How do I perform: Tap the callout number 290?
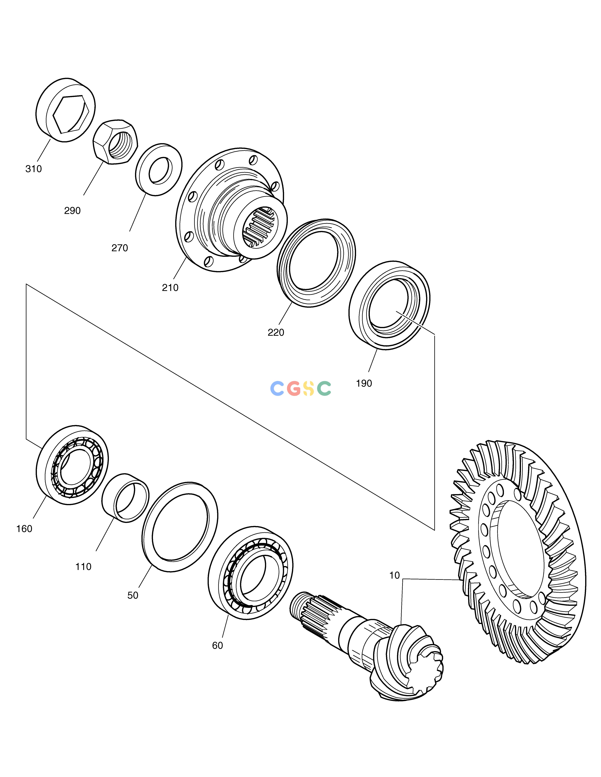click(72, 211)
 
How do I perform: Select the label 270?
click(120, 248)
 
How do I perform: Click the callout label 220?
click(276, 332)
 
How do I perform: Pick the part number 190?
click(364, 383)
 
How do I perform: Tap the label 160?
click(24, 529)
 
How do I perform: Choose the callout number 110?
click(83, 567)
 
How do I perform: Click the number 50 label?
click(133, 595)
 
